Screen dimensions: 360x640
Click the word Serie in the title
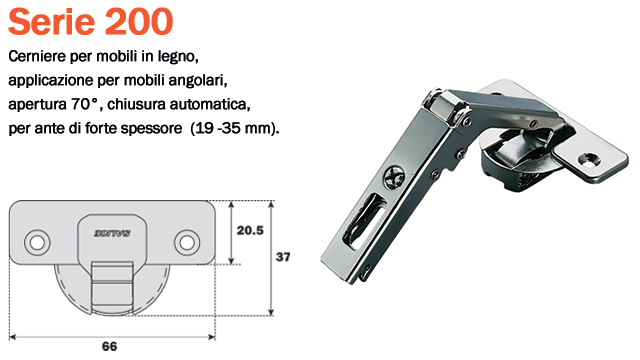click(50, 21)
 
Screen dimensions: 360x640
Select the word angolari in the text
click(202, 78)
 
